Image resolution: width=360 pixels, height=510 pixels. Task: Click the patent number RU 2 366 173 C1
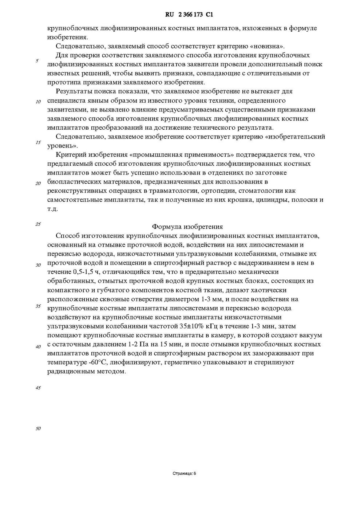[189, 15]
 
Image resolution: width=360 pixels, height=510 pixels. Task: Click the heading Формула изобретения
[187, 227]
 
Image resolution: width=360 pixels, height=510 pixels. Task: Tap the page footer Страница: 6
[184, 474]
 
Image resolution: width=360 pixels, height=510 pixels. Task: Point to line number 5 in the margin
[37, 61]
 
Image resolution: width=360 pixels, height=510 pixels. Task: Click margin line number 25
[38, 224]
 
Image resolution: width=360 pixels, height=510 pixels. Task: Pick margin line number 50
[38, 429]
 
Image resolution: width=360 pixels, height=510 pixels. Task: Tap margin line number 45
[38, 388]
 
